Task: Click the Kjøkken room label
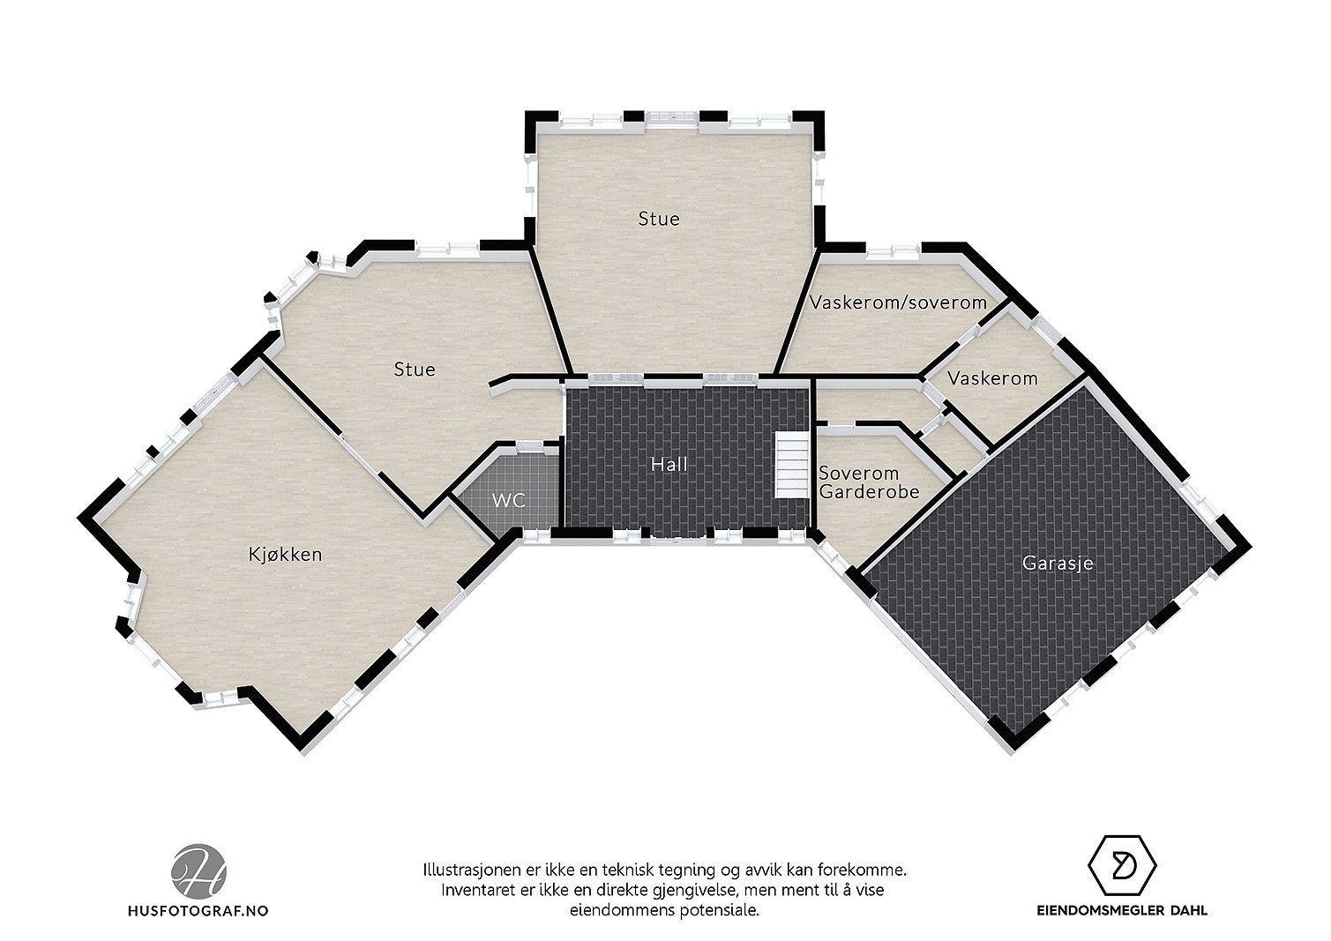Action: point(284,555)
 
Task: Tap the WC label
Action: point(508,501)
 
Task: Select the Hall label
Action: point(669,464)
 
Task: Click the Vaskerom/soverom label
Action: point(898,303)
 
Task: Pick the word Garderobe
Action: point(869,492)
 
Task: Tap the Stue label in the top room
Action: point(659,218)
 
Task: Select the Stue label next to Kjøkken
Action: point(415,369)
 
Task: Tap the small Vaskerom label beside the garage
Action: point(992,378)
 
